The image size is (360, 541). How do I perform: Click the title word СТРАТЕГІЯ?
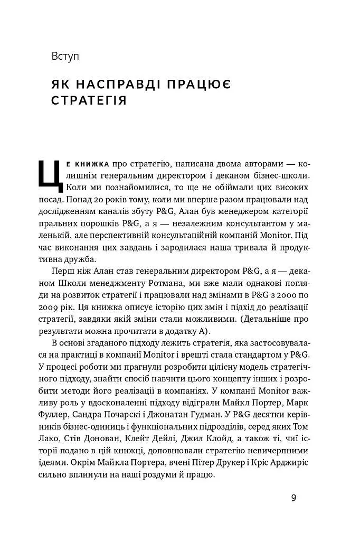[90, 100]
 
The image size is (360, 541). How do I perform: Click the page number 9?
[293, 498]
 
